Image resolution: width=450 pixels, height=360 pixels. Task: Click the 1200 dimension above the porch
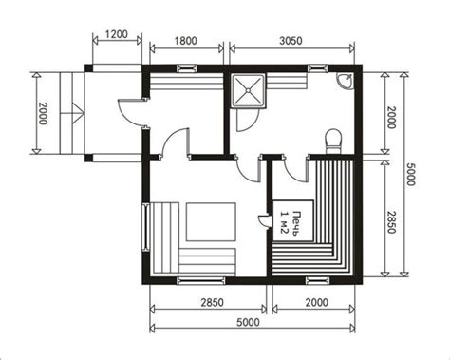[116, 34]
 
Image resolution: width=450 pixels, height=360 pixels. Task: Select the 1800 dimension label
[186, 41]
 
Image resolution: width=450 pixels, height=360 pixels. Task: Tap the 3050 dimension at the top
[291, 41]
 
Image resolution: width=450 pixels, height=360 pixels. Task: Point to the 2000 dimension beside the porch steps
[43, 113]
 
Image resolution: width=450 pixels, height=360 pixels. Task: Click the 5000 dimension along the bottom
[248, 322]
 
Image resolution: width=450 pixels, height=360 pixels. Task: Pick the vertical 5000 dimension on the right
[410, 174]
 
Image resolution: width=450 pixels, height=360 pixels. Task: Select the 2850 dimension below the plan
[212, 302]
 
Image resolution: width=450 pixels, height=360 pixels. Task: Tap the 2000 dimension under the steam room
[317, 302]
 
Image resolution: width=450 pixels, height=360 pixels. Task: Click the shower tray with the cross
[249, 90]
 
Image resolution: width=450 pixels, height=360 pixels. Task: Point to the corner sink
[345, 80]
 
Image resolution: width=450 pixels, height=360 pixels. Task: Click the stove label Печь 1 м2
[289, 223]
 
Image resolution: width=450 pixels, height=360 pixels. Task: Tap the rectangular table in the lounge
[211, 222]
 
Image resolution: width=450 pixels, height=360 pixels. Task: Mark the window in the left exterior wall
[145, 227]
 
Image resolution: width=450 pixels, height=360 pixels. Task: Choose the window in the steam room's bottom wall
[318, 280]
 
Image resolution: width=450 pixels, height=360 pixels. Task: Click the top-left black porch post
[89, 68]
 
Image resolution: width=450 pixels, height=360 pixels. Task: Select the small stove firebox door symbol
[265, 220]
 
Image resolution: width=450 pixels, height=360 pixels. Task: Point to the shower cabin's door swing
[247, 120]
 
